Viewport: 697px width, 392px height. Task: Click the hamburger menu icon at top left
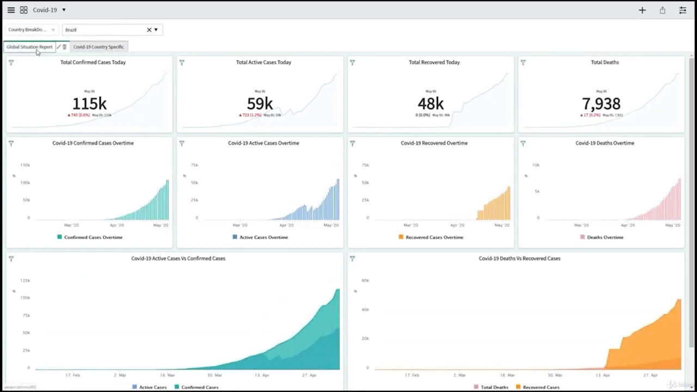point(11,10)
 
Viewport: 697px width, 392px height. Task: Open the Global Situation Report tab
point(29,47)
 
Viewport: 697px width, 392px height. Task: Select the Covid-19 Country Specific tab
point(99,47)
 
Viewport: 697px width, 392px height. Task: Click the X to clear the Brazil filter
point(149,30)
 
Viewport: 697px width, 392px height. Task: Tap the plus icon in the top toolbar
point(642,10)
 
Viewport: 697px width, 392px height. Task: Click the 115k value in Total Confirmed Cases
point(89,103)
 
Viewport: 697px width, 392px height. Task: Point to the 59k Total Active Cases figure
point(260,103)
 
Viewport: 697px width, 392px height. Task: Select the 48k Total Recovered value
point(430,103)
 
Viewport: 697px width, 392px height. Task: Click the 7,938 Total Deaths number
point(601,103)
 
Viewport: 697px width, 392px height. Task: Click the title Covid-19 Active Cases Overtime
point(264,143)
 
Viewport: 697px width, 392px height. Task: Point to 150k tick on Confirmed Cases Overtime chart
point(25,165)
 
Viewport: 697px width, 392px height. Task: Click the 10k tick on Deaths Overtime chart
point(536,165)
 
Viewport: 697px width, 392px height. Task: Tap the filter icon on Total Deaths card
point(523,63)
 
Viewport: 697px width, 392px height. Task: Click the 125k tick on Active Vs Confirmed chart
point(25,280)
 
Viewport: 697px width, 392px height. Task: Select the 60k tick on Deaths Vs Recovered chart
point(365,280)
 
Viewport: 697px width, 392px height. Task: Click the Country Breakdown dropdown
point(31,30)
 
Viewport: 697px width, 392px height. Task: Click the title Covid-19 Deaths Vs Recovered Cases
point(519,259)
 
